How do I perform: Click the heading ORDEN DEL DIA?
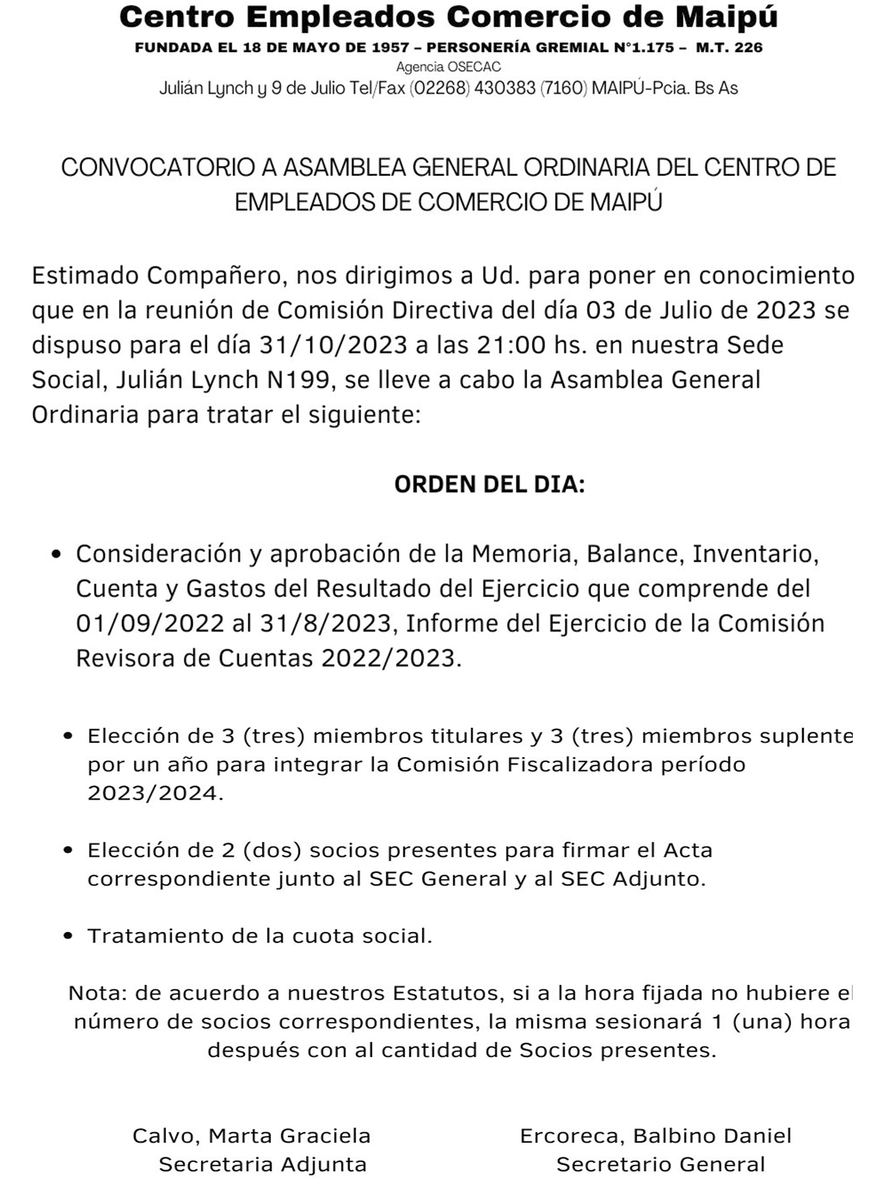(489, 485)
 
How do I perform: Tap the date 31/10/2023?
(333, 345)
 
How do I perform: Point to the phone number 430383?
(505, 89)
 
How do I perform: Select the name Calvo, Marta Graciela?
(252, 1136)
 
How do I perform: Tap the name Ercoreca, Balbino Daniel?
(656, 1136)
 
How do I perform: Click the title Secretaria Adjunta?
(263, 1165)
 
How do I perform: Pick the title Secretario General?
(661, 1165)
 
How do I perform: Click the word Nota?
(96, 993)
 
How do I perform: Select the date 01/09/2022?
(150, 623)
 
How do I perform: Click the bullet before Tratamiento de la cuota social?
(69, 936)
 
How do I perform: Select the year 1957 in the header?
(391, 48)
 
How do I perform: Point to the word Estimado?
(86, 276)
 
